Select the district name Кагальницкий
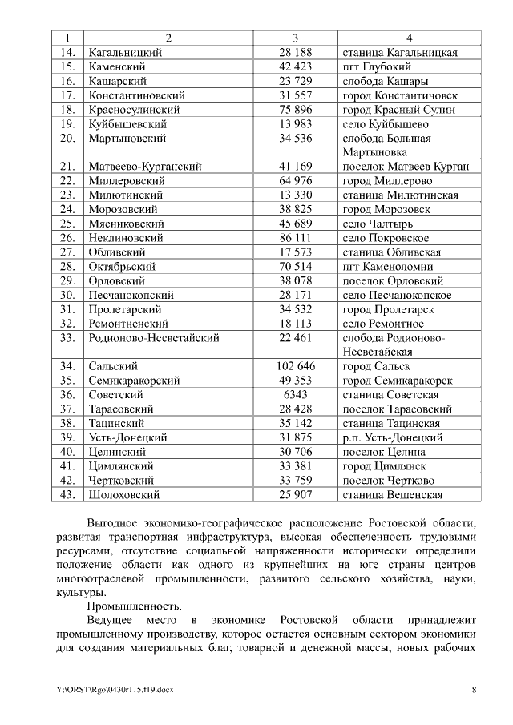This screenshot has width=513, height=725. (124, 53)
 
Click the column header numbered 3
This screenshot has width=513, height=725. (295, 38)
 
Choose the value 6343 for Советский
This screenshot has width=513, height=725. (295, 394)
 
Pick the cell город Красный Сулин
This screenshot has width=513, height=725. (398, 110)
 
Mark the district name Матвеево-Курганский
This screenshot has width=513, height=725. (143, 167)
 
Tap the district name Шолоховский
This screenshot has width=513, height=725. (123, 494)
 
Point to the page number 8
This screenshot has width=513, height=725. (474, 690)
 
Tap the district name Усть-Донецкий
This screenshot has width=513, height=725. (127, 437)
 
